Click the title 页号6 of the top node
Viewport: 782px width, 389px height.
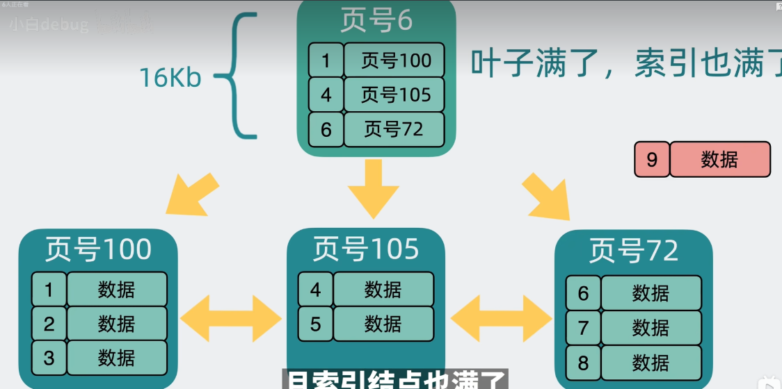point(376,20)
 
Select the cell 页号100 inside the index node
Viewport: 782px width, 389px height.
point(394,60)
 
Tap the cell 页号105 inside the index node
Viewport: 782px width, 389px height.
point(394,95)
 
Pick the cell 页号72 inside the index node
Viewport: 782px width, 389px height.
point(394,129)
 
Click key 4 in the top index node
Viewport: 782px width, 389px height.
point(326,95)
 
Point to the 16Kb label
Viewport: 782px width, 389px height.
point(170,78)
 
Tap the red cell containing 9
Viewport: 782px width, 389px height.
point(652,160)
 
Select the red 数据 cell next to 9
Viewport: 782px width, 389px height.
point(719,160)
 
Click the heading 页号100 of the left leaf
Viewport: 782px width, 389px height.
point(98,249)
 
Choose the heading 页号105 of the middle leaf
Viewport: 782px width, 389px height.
point(366,249)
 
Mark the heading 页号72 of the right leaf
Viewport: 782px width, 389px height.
point(633,251)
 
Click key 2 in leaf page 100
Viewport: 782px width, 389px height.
point(49,324)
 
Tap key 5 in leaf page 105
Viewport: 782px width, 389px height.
point(316,324)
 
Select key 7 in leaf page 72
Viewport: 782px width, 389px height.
point(583,328)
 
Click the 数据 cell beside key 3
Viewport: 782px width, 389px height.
point(117,358)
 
